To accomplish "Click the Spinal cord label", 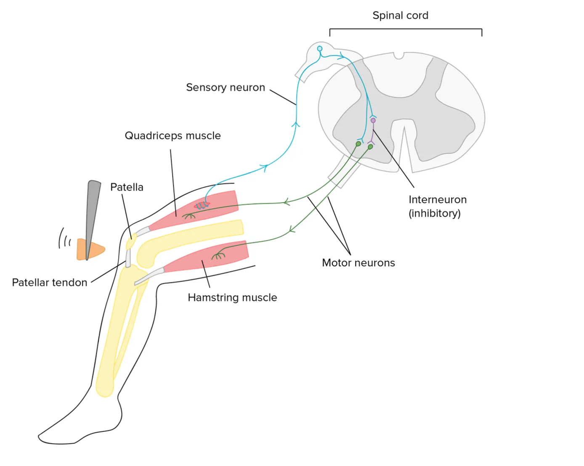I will click(400, 16).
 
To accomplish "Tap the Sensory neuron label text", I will click(226, 87).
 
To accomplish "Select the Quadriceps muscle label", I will click(173, 136).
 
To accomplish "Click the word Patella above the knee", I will click(127, 187).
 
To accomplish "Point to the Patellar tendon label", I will click(50, 283).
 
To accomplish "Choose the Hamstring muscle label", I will click(232, 298).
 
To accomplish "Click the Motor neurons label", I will click(358, 263).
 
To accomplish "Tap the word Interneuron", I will click(438, 200).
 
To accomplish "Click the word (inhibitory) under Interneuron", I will click(435, 214).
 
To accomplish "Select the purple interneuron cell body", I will click(373, 121).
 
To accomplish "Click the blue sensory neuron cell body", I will click(320, 49).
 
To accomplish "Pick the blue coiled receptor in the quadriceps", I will click(202, 205).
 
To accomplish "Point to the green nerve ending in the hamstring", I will click(218, 255).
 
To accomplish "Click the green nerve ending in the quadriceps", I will click(188, 216).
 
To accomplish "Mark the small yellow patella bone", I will click(131, 243).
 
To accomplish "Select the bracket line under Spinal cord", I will click(406, 29).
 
